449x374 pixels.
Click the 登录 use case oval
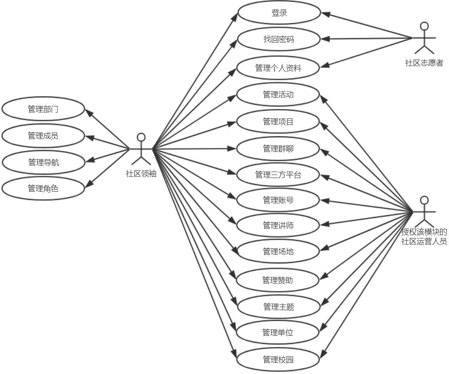(x=279, y=13)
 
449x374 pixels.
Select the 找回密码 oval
(x=278, y=39)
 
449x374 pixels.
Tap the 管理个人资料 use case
(x=278, y=68)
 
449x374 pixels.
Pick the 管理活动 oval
(x=278, y=94)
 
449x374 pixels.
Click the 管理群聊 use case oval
(x=278, y=148)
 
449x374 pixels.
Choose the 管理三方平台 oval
(x=278, y=175)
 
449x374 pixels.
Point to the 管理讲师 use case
(x=278, y=225)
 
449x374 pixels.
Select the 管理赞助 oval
(x=278, y=280)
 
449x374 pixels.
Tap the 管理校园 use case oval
(x=278, y=359)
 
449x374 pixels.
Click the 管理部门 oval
(x=43, y=109)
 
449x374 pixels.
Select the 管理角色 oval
(x=43, y=188)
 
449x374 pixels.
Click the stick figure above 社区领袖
(x=141, y=149)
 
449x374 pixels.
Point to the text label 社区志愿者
(x=424, y=63)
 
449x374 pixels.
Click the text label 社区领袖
(x=141, y=174)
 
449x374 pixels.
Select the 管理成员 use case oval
(x=43, y=136)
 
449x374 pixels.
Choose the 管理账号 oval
(x=278, y=200)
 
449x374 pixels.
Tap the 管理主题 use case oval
(x=278, y=307)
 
